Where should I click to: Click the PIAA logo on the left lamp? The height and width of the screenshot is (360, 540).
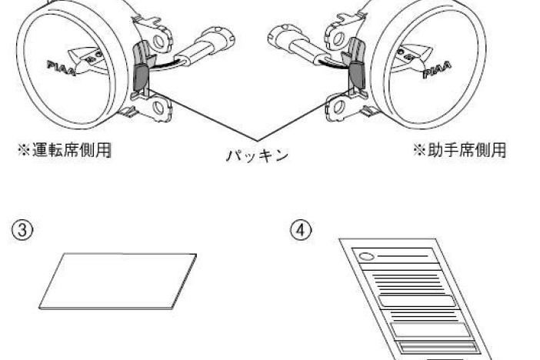pos(62,68)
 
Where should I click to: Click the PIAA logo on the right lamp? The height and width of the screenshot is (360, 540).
pos(437,70)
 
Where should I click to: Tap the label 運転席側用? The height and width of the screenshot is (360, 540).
pos(72,150)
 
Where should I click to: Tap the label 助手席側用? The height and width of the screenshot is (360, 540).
pos(467,150)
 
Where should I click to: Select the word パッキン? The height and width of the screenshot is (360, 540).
pos(257,155)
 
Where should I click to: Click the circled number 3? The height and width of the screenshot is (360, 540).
pos(22,230)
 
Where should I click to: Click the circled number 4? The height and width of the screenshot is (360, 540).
pos(301,230)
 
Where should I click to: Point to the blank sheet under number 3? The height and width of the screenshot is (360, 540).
pos(118,281)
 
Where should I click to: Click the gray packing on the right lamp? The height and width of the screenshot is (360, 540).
pos(357,75)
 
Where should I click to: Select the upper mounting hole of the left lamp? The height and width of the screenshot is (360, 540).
pos(158,42)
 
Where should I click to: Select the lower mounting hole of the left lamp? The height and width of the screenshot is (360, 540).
pos(158,108)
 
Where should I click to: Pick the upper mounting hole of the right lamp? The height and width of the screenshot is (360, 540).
pos(338,39)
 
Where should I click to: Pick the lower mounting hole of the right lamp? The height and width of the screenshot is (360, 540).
pos(339,107)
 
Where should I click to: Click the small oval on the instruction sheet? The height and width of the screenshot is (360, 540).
pos(366,257)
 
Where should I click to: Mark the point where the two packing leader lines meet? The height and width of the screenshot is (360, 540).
pos(257,141)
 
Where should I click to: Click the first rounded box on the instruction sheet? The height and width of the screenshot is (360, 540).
pos(418,301)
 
